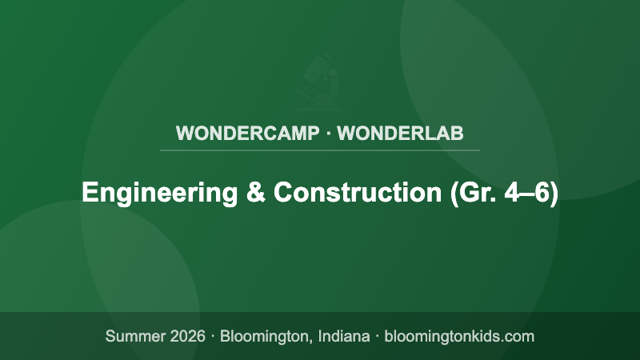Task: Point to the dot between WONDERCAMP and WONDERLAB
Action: coord(328,133)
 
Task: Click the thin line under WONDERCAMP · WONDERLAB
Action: coord(320,150)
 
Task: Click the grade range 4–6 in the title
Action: coord(524,194)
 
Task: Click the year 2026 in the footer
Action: coord(187,336)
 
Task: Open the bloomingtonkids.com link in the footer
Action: coord(459,336)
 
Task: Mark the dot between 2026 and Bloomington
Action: coord(214,336)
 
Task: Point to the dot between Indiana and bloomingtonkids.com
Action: coord(377,336)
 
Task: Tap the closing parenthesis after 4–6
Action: coord(554,194)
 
